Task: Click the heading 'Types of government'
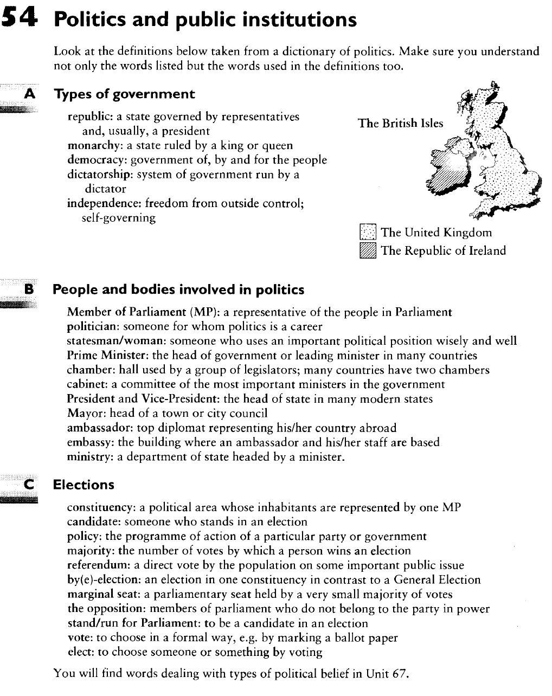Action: pos(124,94)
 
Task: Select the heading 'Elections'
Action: pos(84,485)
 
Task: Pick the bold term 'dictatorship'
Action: pos(99,175)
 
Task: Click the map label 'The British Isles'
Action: pos(400,123)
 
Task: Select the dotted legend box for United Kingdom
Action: pos(367,233)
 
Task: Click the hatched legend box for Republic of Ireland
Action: pos(367,250)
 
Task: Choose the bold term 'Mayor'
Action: pos(83,414)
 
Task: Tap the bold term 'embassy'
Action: pos(90,442)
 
